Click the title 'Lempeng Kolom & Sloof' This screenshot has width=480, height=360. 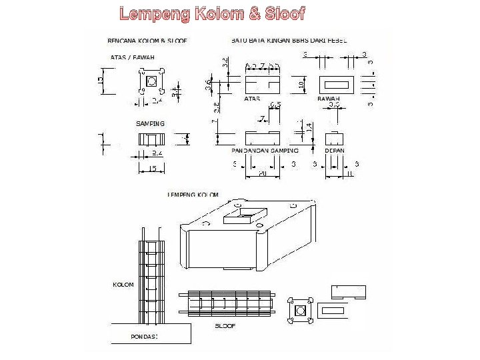click(212, 13)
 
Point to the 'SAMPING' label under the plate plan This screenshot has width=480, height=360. click(150, 124)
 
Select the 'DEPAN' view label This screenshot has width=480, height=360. click(334, 151)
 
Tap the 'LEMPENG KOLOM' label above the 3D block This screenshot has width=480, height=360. click(193, 195)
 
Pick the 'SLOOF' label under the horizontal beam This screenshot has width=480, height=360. click(225, 325)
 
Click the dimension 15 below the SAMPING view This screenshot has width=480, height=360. click(153, 169)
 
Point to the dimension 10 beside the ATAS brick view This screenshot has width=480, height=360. click(301, 85)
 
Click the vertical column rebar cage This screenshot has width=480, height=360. click(152, 273)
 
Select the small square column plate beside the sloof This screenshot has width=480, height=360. click(299, 311)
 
